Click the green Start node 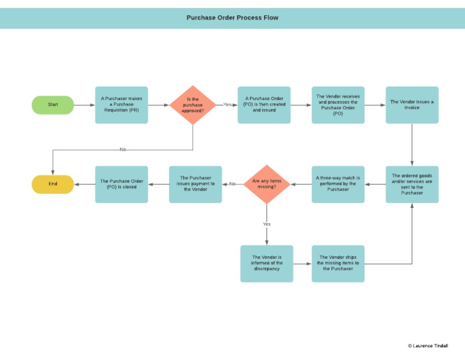(x=53, y=105)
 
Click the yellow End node (x=53, y=184)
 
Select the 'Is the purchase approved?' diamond (x=193, y=105)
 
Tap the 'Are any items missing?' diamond (x=267, y=184)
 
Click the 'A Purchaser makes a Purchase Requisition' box (x=121, y=105)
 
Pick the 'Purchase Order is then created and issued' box (x=264, y=105)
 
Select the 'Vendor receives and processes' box (x=338, y=105)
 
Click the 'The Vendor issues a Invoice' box (x=412, y=105)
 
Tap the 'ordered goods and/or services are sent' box (x=412, y=184)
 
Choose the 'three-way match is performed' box (x=338, y=184)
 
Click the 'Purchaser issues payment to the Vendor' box (x=195, y=184)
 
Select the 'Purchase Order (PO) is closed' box (x=121, y=184)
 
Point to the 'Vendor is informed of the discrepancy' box (x=266, y=264)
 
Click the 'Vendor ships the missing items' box (x=338, y=264)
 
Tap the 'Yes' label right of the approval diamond (x=227, y=105)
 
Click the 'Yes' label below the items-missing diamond (x=267, y=224)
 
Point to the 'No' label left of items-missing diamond (x=232, y=184)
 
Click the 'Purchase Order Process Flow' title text (x=232, y=18)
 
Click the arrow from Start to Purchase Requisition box (x=84, y=105)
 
